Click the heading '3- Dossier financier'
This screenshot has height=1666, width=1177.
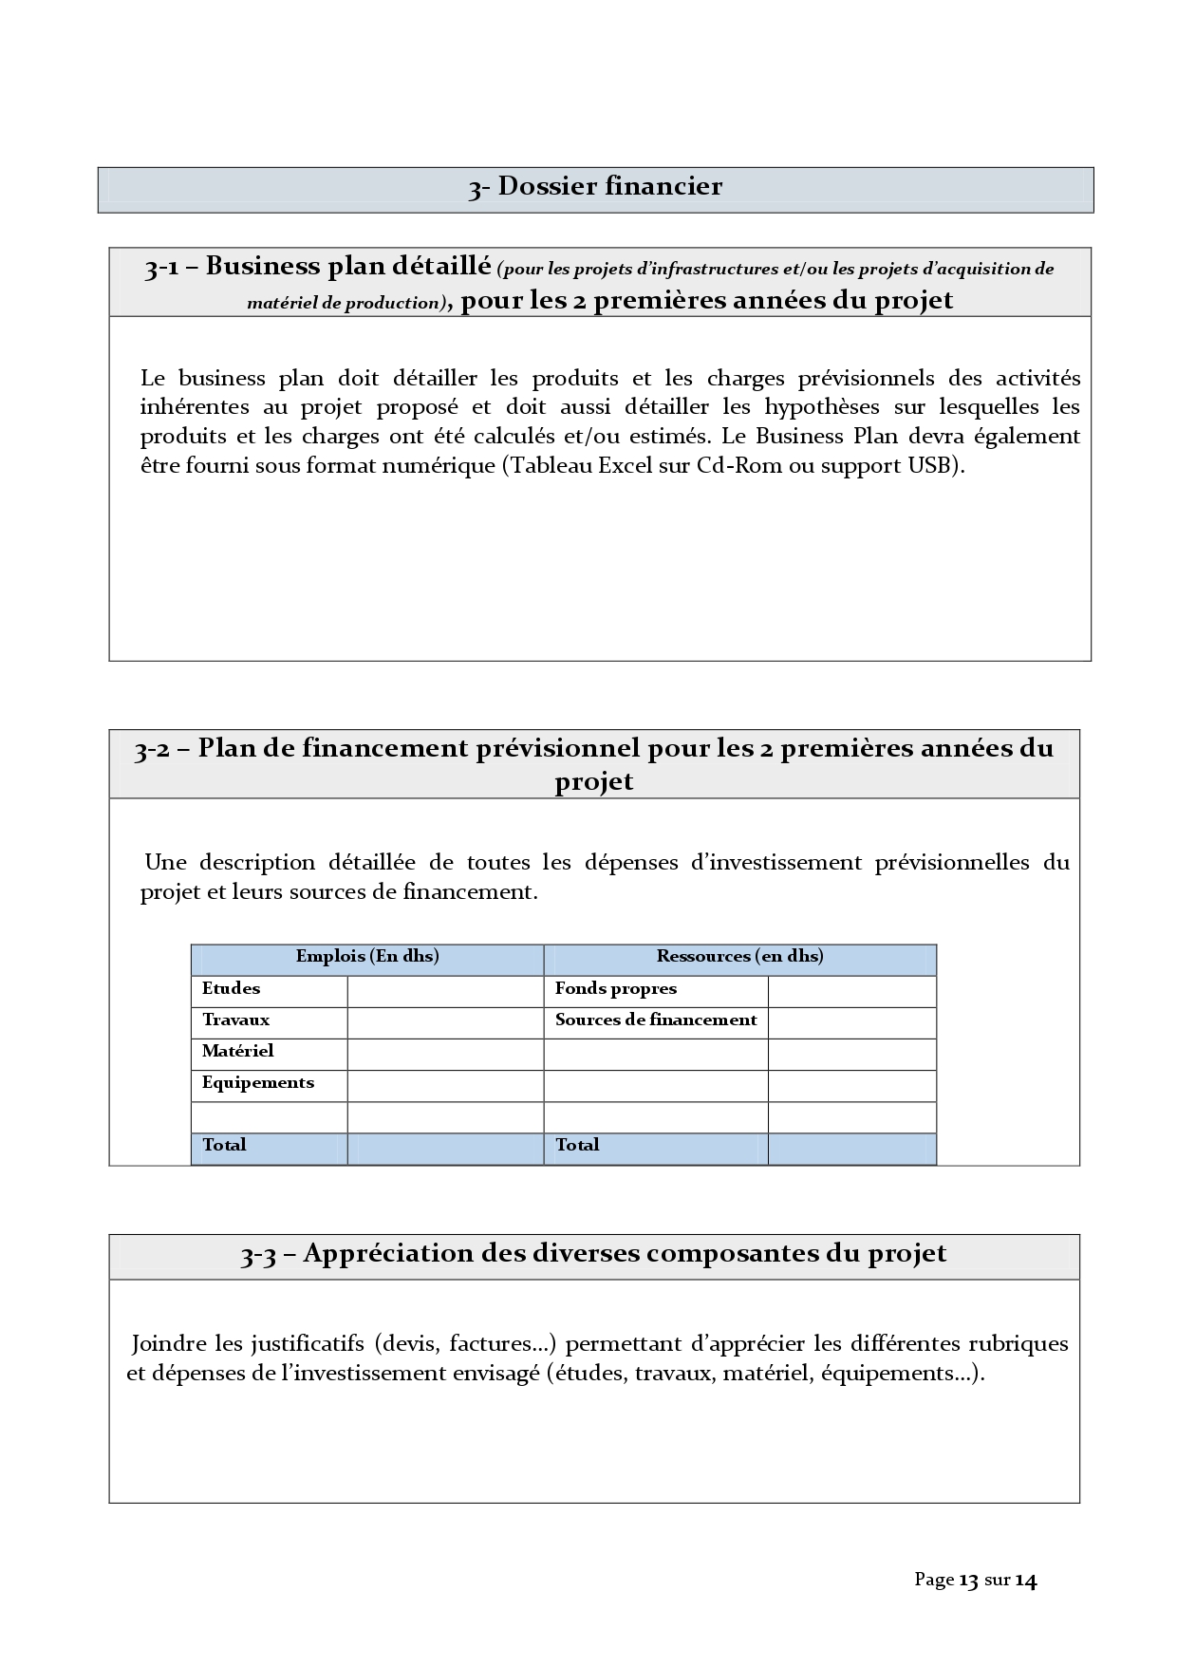(x=595, y=187)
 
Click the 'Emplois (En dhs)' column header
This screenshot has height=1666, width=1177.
(x=367, y=957)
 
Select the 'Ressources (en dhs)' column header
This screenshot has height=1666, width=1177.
(x=739, y=957)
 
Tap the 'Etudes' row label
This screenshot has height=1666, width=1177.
(x=231, y=989)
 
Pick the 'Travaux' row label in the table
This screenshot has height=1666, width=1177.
(x=235, y=1020)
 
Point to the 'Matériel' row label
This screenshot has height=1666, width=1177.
(x=237, y=1052)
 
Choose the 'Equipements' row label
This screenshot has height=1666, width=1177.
(x=257, y=1083)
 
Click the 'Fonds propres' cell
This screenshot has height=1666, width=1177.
(x=615, y=989)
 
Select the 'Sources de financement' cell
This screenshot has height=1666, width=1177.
(x=656, y=1020)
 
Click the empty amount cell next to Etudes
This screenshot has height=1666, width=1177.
(x=445, y=991)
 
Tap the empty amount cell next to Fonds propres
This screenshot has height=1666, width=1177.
(x=851, y=991)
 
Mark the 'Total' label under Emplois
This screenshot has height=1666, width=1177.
(x=224, y=1146)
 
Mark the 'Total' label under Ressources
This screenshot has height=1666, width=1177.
(x=577, y=1146)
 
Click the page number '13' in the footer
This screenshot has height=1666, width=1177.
(x=968, y=1581)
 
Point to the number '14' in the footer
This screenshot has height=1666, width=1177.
(x=1026, y=1581)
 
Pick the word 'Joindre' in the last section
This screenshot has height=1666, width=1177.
(x=169, y=1344)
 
